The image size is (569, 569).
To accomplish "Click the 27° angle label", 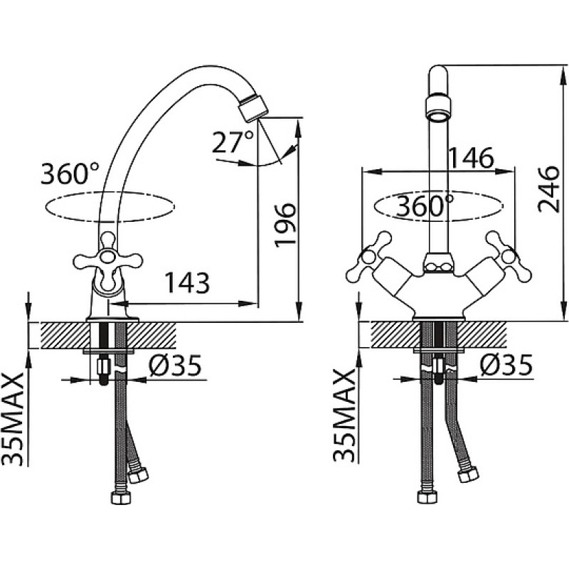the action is click(233, 142).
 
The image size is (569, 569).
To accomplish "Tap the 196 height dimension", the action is click(285, 225).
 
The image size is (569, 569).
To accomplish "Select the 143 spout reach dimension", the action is click(187, 282).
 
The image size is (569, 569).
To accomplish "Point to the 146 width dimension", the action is click(471, 157).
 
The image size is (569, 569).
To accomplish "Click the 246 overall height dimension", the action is click(548, 189).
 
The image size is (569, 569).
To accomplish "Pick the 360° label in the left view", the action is click(70, 174).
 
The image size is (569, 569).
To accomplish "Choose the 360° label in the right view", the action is click(425, 206).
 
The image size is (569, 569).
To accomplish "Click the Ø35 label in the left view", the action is click(175, 366).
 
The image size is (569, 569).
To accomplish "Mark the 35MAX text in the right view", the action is click(344, 415).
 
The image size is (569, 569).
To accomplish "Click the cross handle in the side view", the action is click(108, 260).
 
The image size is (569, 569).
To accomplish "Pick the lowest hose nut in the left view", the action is click(120, 498).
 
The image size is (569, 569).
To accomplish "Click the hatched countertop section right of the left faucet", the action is click(151, 335).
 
